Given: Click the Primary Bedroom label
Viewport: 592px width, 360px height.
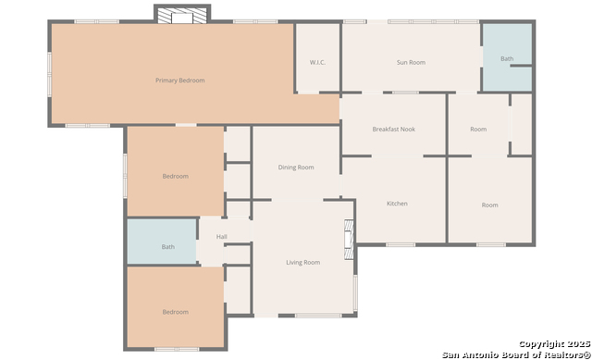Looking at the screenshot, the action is point(180,81).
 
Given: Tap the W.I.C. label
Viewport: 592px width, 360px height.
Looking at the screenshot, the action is point(317,62).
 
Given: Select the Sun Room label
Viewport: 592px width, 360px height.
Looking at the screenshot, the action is point(411,62).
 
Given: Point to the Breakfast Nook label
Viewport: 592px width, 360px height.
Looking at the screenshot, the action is point(394,130).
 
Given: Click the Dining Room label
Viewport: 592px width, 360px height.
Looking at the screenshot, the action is point(296,168).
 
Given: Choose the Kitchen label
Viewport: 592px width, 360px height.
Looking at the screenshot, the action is point(397,204).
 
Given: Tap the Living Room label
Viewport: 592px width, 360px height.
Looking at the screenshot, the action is point(302,262).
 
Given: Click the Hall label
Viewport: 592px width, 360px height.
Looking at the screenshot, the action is point(222,237).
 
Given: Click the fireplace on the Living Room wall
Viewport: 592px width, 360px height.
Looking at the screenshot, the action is point(349,240).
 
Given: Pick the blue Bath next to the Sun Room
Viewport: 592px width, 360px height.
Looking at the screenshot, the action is point(508,57).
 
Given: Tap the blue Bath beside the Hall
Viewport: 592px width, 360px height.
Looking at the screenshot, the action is point(162,242).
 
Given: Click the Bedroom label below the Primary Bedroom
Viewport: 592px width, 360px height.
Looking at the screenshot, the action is point(175,176).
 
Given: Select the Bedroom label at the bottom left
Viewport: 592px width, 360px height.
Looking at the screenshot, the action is point(175,312).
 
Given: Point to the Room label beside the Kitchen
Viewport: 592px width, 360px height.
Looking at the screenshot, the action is point(489,205).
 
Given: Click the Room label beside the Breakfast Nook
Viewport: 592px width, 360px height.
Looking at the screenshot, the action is point(478,130).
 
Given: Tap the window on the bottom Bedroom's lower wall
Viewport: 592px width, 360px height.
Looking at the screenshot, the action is point(177,349).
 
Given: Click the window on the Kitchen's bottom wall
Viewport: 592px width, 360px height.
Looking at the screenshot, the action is point(401,245).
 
